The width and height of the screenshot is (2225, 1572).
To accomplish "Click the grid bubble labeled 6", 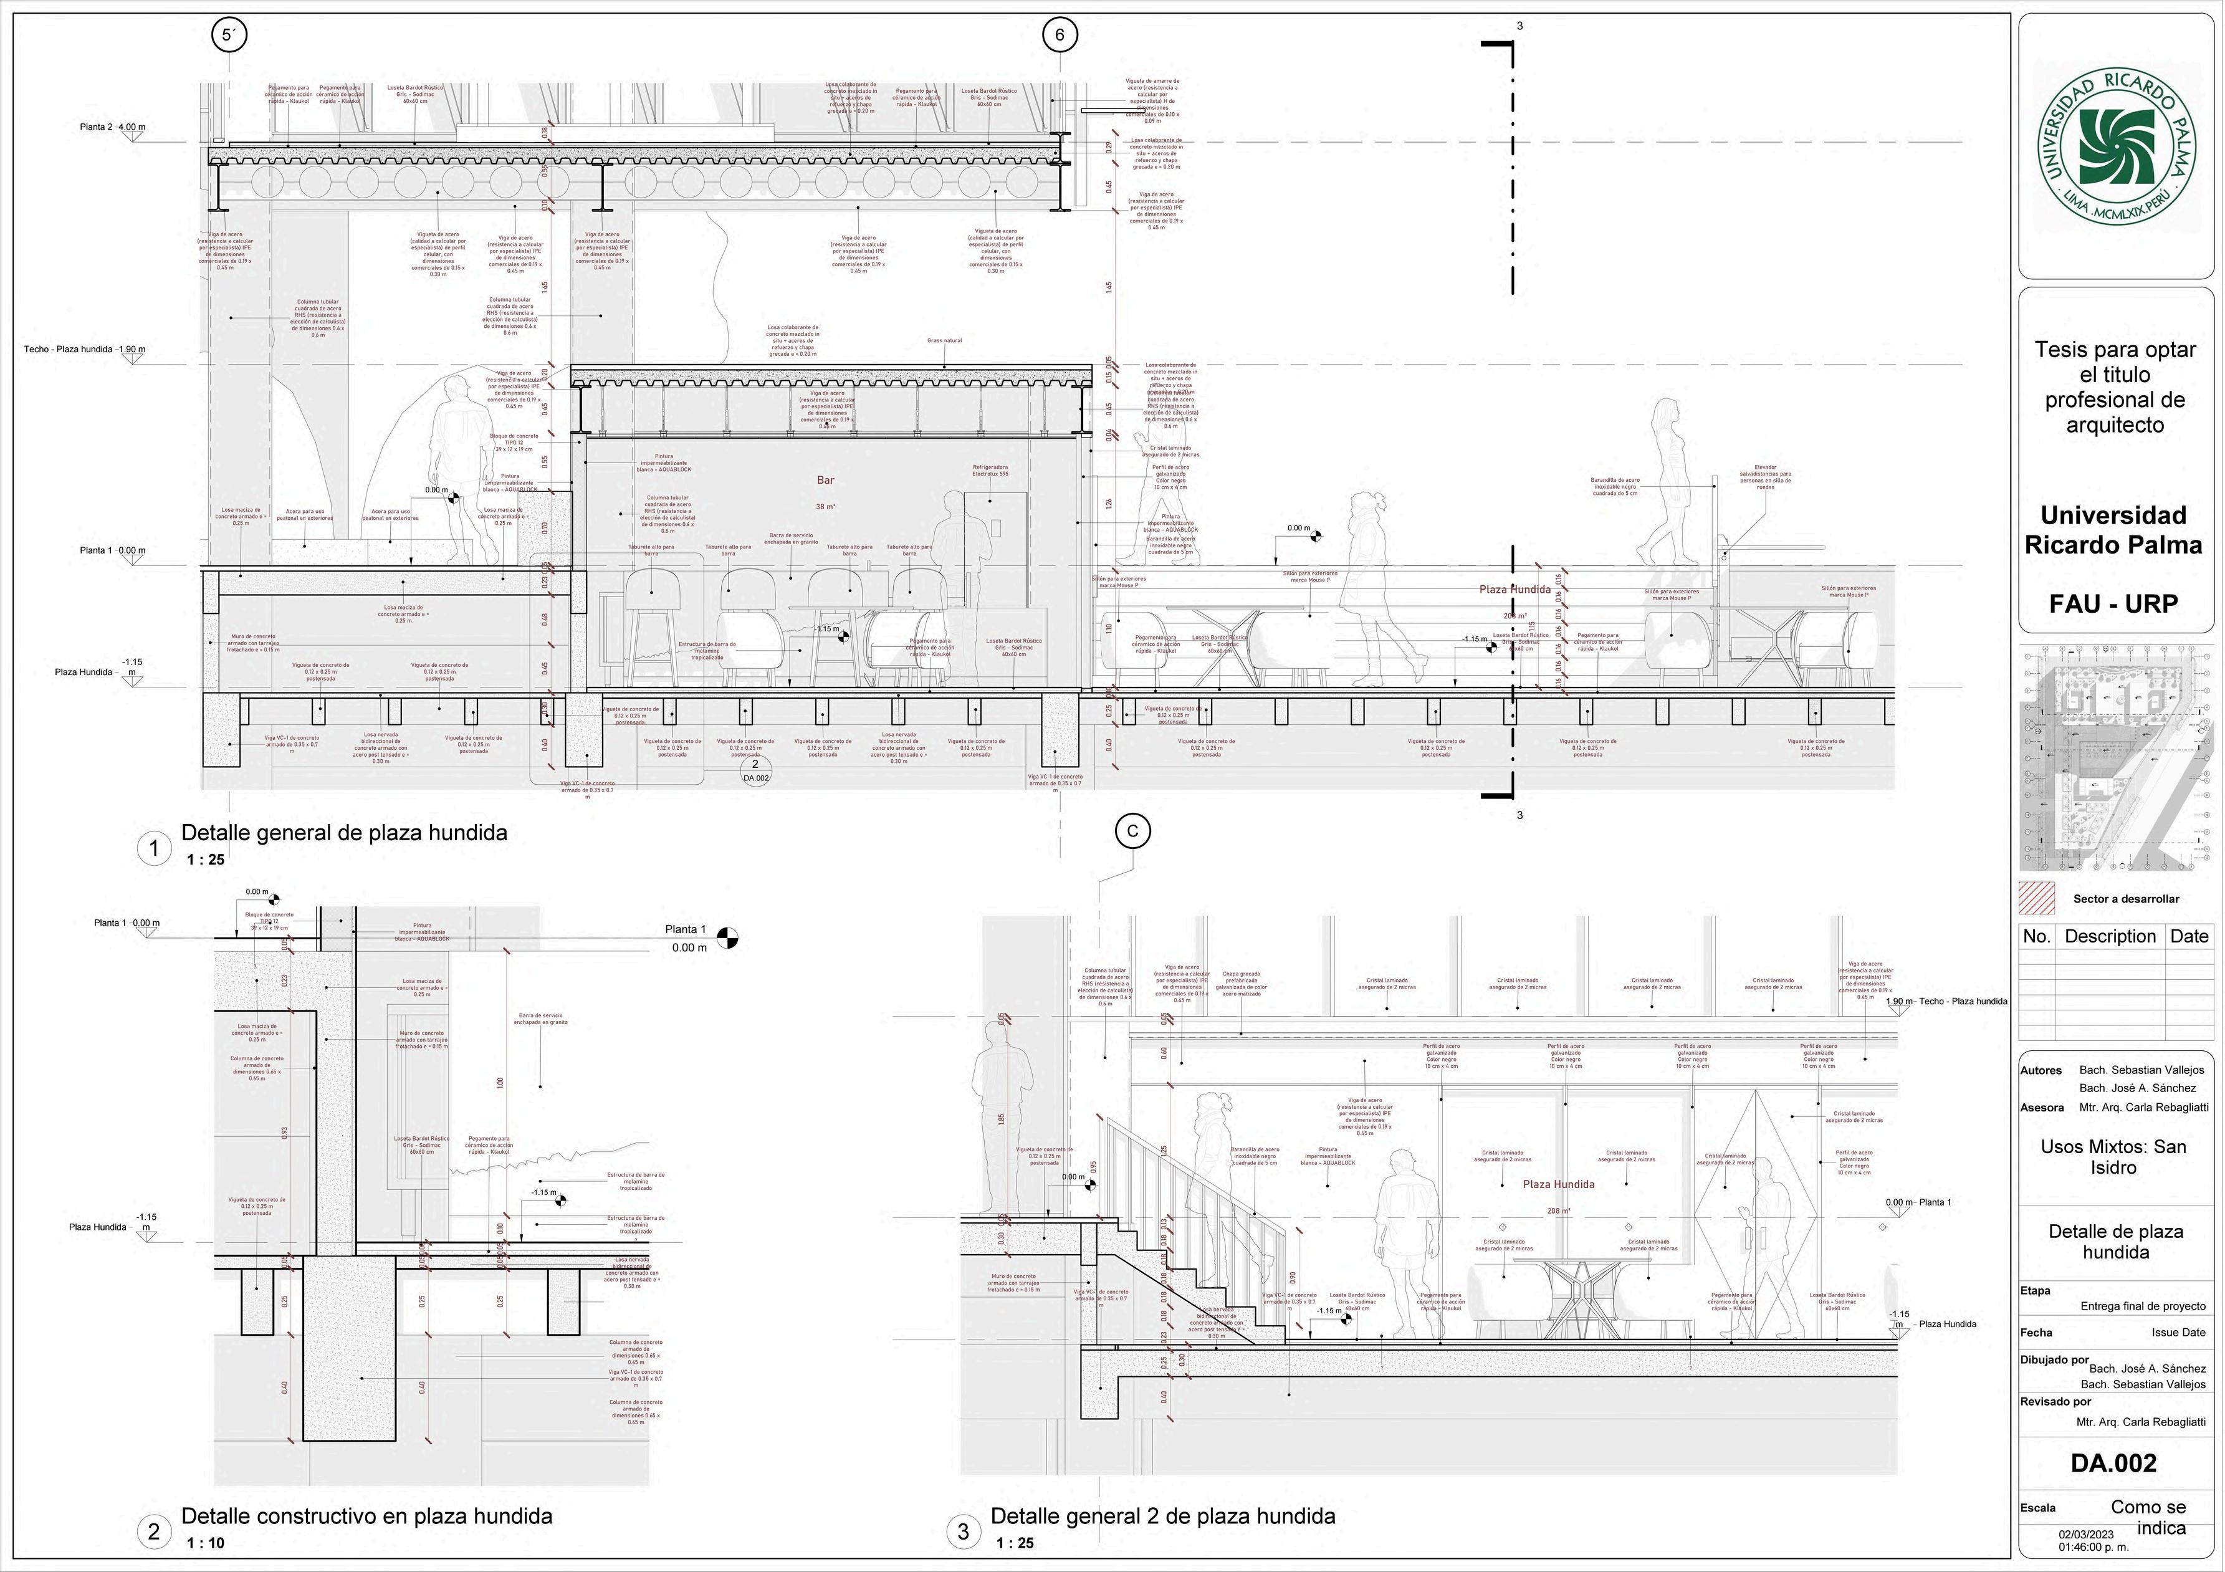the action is pos(1059,36).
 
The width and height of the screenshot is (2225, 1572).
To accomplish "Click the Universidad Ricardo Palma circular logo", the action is pos(2115,151).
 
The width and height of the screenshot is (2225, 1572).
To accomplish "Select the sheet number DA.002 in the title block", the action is pos(2113,1462).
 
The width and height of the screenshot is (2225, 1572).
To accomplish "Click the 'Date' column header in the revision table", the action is pos(2189,936).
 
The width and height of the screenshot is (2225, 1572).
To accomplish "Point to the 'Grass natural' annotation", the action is pos(945,341).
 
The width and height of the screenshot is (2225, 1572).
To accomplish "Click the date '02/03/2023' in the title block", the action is pos(2080,1534).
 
